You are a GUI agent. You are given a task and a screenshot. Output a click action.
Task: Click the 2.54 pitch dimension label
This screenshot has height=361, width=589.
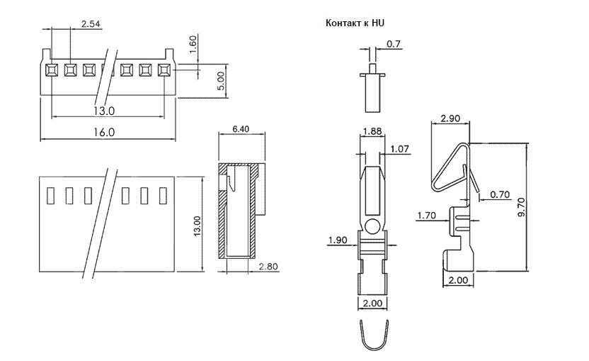[91, 24]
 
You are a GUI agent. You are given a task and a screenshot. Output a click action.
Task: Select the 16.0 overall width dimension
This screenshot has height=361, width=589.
[104, 133]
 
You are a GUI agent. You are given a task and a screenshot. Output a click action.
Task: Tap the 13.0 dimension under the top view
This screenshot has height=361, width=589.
[104, 111]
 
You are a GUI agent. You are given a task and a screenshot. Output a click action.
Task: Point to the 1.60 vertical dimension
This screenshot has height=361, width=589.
[193, 44]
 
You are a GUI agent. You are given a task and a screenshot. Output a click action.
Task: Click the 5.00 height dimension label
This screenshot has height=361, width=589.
[222, 81]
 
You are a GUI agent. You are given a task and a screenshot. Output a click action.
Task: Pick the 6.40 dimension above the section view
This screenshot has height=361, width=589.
[241, 129]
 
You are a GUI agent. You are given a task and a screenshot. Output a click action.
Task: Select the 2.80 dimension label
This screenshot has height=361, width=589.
[268, 267]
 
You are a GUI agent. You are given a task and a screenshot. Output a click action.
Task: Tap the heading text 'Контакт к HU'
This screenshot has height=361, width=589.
[355, 23]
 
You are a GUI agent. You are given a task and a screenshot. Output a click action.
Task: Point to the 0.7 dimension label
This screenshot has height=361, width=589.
[394, 45]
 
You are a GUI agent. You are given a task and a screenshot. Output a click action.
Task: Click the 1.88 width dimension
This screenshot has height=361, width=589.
[372, 131]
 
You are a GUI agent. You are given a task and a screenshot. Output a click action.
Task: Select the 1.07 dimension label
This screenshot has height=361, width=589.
[399, 149]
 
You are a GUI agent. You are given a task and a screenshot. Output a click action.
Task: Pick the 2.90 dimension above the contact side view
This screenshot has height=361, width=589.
[450, 118]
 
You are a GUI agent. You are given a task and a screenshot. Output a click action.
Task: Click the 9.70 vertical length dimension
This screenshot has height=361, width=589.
[521, 207]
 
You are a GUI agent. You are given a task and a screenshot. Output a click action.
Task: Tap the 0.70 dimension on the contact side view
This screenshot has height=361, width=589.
[500, 194]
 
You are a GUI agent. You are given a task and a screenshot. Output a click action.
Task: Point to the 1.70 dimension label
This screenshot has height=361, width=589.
[427, 216]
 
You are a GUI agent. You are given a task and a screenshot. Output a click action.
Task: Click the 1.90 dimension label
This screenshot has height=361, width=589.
[338, 240]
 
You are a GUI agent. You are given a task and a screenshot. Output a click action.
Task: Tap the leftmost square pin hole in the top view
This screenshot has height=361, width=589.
[51, 70]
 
